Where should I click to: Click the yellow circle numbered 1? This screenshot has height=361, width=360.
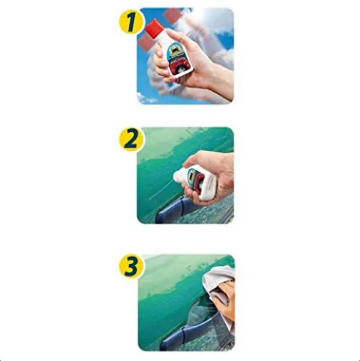pos(131,22)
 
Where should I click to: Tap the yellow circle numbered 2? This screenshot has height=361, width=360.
pos(131,139)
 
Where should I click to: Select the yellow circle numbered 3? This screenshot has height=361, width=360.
pos(131,267)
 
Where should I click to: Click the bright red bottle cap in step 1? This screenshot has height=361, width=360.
pos(154,28)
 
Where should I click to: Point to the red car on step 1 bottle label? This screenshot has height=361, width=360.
pos(179,65)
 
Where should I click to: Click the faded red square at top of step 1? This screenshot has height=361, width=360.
pos(173,15)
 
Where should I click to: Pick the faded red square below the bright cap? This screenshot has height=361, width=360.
pos(146,42)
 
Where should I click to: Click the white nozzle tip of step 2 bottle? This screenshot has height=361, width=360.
pos(177,174)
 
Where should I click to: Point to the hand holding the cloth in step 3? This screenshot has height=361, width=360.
pos(224,299)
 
